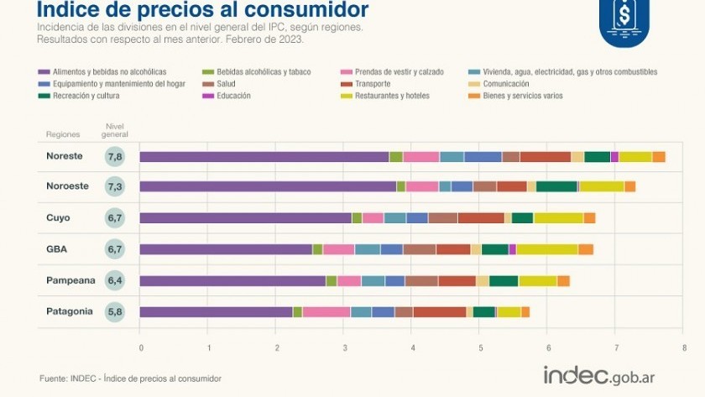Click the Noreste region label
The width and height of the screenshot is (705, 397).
64,156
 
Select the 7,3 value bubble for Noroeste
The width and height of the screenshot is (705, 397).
115,187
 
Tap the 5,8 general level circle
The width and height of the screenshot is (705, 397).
115,311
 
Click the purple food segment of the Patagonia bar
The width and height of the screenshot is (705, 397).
216,312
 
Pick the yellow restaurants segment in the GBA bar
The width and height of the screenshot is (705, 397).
546,249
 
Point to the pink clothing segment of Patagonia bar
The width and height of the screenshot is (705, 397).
326,312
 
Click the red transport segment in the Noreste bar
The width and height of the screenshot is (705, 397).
545,157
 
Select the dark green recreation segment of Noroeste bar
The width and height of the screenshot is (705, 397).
556,186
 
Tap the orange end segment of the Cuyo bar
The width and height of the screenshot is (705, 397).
589,218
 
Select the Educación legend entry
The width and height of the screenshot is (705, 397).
234,96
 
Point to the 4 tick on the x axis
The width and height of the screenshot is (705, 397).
412,347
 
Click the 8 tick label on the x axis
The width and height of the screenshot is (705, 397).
684,347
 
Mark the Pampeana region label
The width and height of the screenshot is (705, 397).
70,280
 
